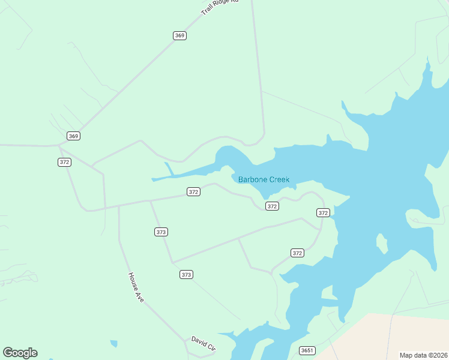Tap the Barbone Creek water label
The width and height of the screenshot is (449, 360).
(x=264, y=179)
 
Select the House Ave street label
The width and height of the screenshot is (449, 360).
(x=136, y=287)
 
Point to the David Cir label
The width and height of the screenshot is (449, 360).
(x=203, y=343)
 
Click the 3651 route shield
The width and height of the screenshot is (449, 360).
(x=307, y=350)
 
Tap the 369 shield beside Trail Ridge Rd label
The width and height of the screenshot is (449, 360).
(x=179, y=35)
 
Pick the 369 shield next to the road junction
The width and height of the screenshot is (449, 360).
(x=73, y=136)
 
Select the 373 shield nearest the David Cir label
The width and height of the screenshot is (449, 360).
(x=186, y=275)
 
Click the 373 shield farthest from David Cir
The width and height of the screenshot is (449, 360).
(x=161, y=232)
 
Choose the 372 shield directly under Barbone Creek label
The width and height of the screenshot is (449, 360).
(x=272, y=206)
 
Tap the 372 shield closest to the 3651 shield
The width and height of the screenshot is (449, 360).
(x=297, y=253)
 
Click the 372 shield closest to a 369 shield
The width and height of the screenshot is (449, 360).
(x=65, y=162)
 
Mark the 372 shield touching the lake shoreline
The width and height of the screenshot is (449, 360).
(x=323, y=213)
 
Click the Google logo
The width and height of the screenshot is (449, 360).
(x=20, y=353)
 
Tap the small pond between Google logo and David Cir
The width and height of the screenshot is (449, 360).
(x=113, y=344)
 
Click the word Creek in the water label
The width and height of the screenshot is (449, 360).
(x=279, y=179)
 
